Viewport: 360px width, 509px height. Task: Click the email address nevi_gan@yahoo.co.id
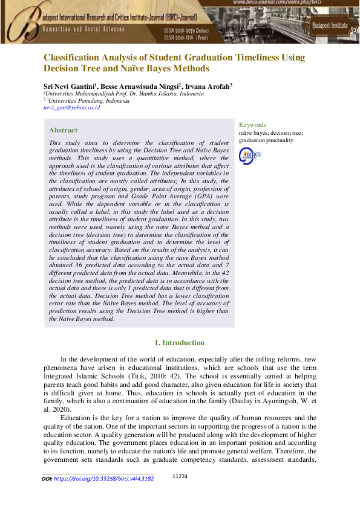click(x=71, y=108)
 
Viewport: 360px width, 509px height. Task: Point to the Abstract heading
click(x=63, y=131)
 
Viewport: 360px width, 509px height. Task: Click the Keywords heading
click(x=252, y=125)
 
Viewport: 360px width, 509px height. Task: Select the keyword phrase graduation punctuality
click(x=266, y=140)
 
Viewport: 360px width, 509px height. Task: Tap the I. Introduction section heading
click(x=180, y=343)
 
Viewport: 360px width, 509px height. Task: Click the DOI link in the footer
click(x=103, y=478)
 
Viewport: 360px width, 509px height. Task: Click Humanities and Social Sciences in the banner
click(x=83, y=29)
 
